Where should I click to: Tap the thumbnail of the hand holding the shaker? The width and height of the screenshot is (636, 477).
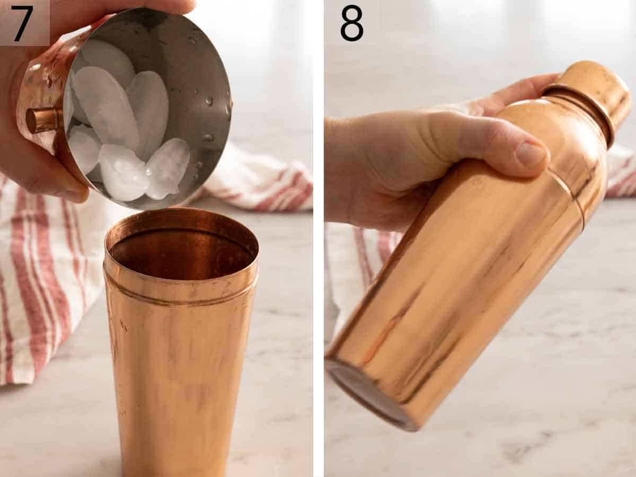tap(531, 154)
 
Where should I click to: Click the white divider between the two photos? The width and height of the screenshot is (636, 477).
tap(319, 238)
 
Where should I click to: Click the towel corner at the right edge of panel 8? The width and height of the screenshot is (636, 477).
tap(623, 175)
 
